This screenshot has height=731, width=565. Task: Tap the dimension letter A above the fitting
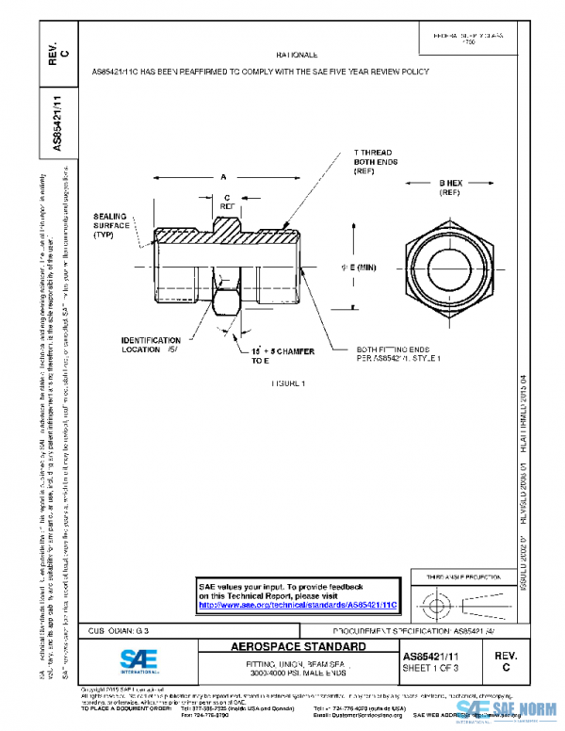[x=223, y=176]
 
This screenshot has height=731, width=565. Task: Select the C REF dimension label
[x=227, y=201]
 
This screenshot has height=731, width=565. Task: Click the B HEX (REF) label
[x=447, y=187]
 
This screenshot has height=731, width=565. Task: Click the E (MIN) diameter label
[x=357, y=268]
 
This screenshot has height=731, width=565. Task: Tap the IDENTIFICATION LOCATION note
[x=151, y=344]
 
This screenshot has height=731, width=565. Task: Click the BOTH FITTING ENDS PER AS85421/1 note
[x=399, y=353]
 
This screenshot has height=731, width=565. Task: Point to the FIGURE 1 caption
[x=289, y=383]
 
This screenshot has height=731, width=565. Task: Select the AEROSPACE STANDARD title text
[x=299, y=647]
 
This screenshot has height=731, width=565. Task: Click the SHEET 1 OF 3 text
[x=431, y=668]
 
